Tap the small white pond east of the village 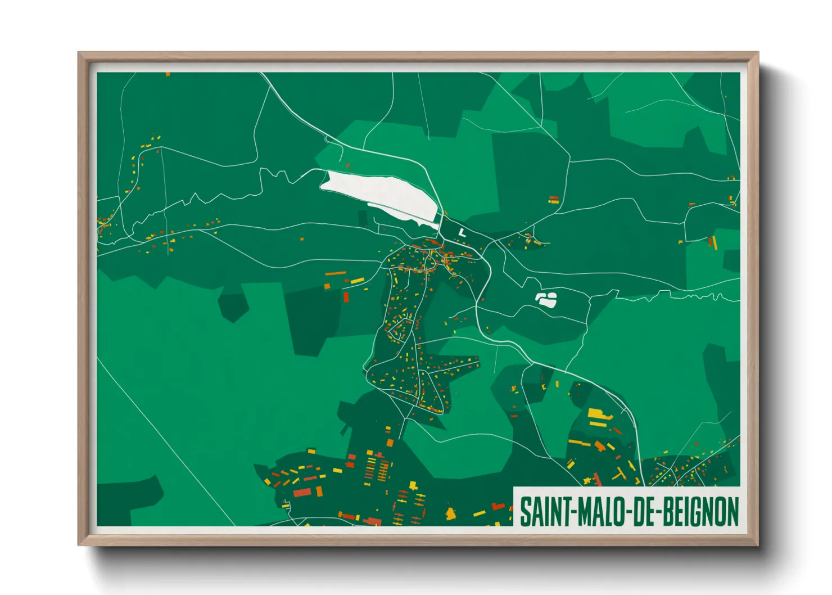click(546, 299)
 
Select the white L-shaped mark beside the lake click(462, 232)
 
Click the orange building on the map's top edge click(168, 74)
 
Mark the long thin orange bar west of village click(336, 273)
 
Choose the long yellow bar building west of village click(358, 280)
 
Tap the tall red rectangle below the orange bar click(346, 296)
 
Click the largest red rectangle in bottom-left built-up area click(302, 493)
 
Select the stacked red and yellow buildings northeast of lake click(554, 199)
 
